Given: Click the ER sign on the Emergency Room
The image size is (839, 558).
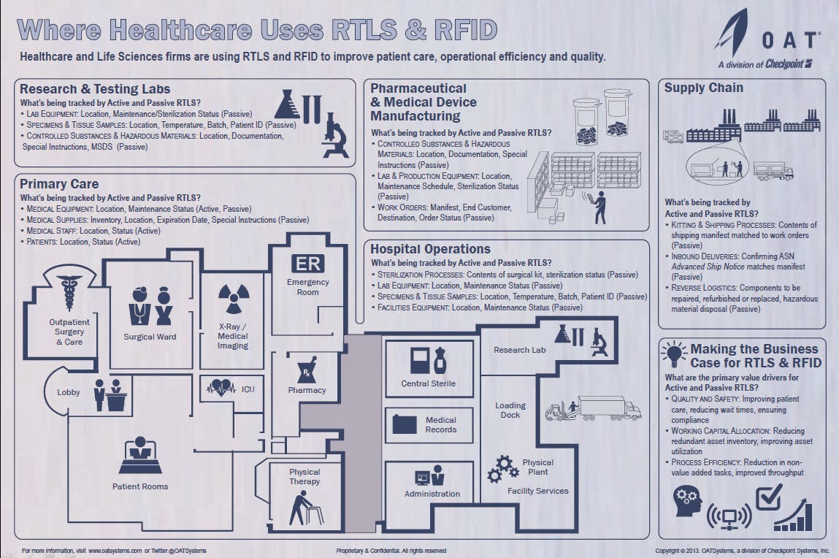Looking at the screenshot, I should tap(307, 264).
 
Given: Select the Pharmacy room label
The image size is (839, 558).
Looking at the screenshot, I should tap(307, 390).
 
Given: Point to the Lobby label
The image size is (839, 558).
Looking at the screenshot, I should tap(69, 392).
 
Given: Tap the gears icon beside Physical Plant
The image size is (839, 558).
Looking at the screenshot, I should tap(502, 468).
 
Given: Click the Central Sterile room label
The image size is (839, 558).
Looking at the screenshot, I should tap(429, 383).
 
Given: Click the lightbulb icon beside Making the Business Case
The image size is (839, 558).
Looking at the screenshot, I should tap(673, 353).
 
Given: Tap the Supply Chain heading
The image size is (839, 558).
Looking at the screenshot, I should tap(704, 88).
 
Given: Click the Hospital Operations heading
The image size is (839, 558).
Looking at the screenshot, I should tap(430, 249).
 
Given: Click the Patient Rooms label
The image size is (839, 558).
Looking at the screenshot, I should tap(140, 486).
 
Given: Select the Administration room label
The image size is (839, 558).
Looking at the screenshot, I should tap(432, 494).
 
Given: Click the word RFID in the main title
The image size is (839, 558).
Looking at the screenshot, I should tap(456, 31).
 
